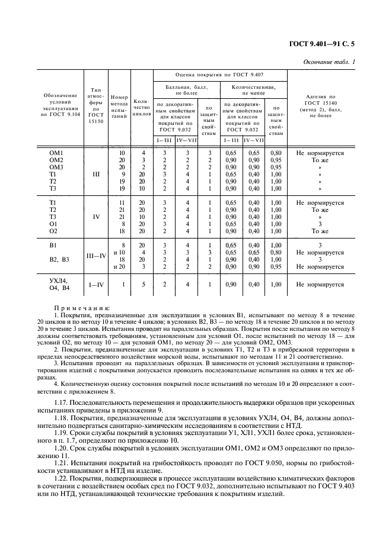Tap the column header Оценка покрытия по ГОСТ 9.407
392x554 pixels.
coord(219,75)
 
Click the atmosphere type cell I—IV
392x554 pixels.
coord(95,285)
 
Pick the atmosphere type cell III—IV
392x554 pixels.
coord(96,255)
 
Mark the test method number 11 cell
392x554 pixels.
coord(122,203)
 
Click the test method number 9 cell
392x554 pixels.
coord(123,175)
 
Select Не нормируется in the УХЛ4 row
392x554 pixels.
coord(320,285)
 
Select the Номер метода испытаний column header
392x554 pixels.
coord(120,107)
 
